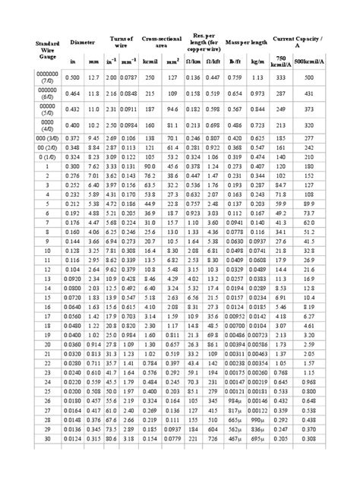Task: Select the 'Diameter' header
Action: pyautogui.click(x=81, y=43)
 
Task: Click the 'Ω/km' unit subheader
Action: pyautogui.click(x=193, y=60)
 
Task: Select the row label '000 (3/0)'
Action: pyautogui.click(x=27, y=137)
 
